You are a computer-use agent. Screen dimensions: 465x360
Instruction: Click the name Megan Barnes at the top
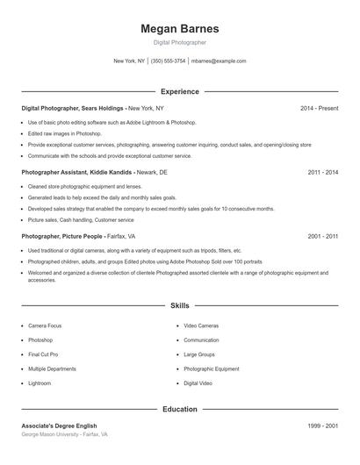(x=179, y=28)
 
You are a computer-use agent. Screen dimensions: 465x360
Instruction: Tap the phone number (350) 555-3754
(x=169, y=61)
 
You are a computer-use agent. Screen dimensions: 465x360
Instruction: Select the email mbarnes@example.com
(x=219, y=61)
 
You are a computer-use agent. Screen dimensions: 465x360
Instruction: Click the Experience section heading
(x=179, y=91)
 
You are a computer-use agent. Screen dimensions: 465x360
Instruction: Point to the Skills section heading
(x=179, y=305)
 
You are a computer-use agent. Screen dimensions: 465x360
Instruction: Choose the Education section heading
(x=179, y=409)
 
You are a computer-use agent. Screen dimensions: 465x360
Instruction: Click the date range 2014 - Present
(x=319, y=108)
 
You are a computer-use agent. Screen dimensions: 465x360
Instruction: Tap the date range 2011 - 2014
(x=322, y=173)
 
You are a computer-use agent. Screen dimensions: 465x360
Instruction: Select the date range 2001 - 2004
(x=322, y=237)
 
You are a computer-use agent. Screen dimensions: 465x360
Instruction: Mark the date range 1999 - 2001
(x=322, y=426)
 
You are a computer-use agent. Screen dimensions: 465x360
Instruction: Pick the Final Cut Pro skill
(x=43, y=354)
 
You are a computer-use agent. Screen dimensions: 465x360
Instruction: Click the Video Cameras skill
(x=201, y=325)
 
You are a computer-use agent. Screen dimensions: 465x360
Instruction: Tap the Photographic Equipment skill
(x=211, y=369)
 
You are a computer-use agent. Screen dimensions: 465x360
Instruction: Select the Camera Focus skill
(x=44, y=325)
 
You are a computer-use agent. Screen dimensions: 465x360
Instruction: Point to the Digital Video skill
(x=198, y=383)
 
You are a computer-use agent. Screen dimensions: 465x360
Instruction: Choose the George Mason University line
(x=64, y=435)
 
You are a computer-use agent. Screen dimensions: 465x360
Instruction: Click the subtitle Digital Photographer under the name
(x=179, y=42)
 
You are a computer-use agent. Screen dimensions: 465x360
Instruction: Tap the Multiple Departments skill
(x=52, y=369)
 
